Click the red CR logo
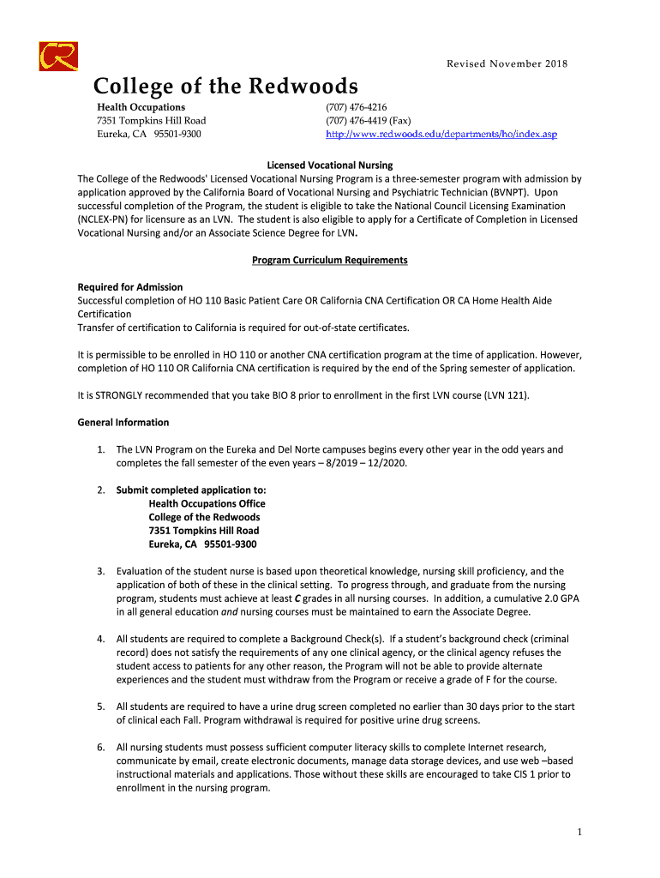pyautogui.click(x=58, y=57)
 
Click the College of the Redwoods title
pyautogui.click(x=225, y=87)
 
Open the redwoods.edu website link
pyautogui.click(x=441, y=135)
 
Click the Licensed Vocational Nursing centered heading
pyautogui.click(x=329, y=165)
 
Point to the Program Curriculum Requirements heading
pyautogui.click(x=329, y=260)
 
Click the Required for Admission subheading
pyautogui.click(x=129, y=286)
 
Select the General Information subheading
pyautogui.click(x=123, y=422)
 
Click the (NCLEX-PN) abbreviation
pyautogui.click(x=107, y=219)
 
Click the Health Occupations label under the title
pyautogui.click(x=141, y=107)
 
